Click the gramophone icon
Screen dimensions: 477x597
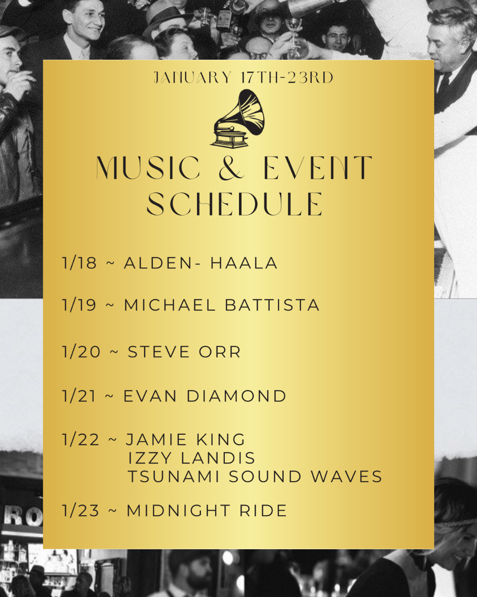[x=238, y=119]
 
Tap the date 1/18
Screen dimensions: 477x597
[x=79, y=263]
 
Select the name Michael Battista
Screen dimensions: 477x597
[x=222, y=305]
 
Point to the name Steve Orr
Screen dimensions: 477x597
[x=184, y=352]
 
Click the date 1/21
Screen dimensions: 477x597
[x=79, y=396]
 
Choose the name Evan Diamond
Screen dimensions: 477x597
[x=204, y=396]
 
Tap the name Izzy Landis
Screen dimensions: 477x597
[x=191, y=458]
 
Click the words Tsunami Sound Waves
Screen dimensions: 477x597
[x=255, y=477]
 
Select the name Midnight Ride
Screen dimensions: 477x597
[x=207, y=511]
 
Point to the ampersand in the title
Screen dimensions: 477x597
[x=232, y=168]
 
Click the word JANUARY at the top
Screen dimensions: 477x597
[x=193, y=78]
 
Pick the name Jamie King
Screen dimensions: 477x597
[x=185, y=440]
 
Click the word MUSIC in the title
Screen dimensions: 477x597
[x=148, y=168]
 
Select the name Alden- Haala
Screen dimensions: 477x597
[x=201, y=263]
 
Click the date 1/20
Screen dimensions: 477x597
[x=81, y=352]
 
